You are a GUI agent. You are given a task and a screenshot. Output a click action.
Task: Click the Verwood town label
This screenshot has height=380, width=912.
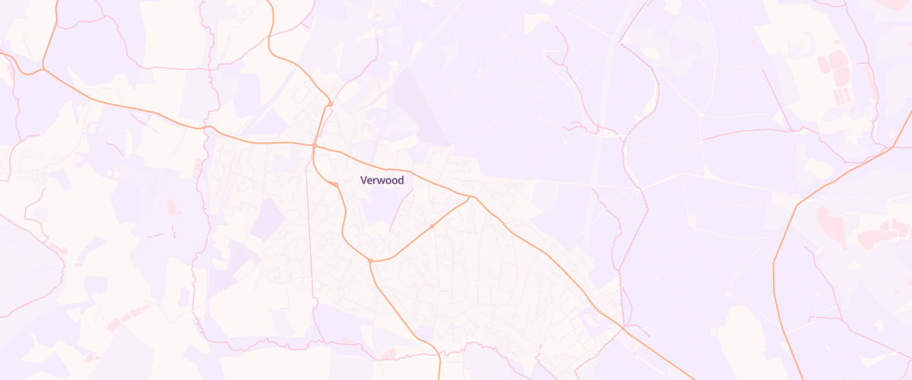pos(382,180)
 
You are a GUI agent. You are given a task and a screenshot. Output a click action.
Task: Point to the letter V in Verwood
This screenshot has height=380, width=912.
pos(363,180)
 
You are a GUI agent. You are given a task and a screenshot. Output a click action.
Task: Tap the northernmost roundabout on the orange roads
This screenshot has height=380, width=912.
pos(331,103)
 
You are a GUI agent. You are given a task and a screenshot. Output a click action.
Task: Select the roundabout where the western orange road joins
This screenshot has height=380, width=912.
pos(315,144)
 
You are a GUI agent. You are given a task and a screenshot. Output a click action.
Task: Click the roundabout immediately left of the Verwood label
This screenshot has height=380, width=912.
pos(336,184)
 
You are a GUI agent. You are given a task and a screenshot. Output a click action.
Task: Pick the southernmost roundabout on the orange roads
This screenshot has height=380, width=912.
pos(370,261)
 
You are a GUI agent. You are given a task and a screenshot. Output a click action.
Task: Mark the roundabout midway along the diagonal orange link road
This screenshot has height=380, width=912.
pos(432,226)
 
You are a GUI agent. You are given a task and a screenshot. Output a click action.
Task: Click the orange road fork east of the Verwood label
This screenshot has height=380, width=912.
pos(472,198)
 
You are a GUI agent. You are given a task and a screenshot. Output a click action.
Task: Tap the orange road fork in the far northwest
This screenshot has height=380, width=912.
pos(43,69)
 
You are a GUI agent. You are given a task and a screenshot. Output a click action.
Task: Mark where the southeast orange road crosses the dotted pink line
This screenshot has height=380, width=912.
pos(622,328)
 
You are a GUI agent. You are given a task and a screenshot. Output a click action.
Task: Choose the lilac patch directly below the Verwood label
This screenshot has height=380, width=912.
pos(380,205)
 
